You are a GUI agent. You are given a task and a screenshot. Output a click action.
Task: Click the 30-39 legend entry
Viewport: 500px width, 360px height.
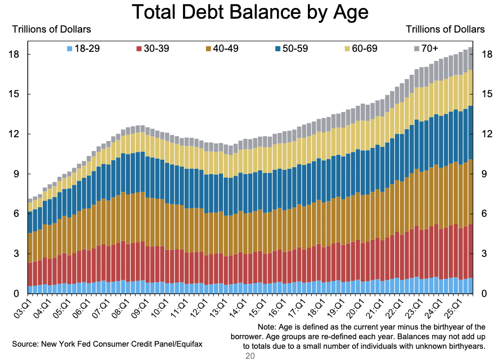(153, 49)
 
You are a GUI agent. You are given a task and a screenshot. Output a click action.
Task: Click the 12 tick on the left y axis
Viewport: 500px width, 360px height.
(16, 134)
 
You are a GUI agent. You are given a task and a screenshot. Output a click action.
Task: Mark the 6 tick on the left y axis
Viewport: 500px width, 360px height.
(19, 214)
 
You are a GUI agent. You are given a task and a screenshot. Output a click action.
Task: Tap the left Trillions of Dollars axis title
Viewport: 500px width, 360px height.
(52, 29)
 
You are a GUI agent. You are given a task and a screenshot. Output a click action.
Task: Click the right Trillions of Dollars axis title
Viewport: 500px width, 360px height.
(446, 29)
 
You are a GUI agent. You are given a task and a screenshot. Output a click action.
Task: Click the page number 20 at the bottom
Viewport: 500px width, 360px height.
(250, 355)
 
